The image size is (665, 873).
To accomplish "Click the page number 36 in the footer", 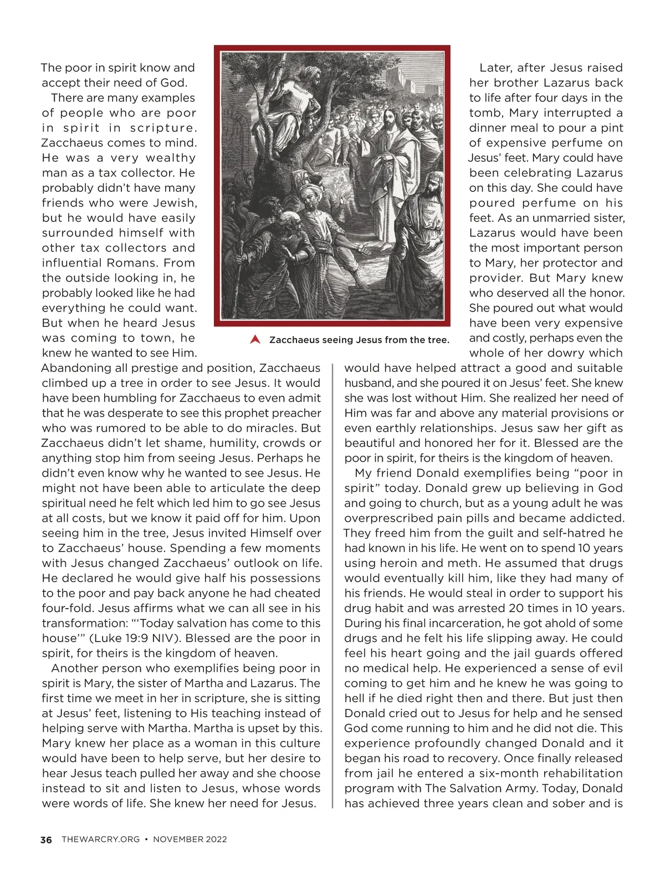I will coord(47,840).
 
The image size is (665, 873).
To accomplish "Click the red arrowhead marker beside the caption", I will coord(255,340).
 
